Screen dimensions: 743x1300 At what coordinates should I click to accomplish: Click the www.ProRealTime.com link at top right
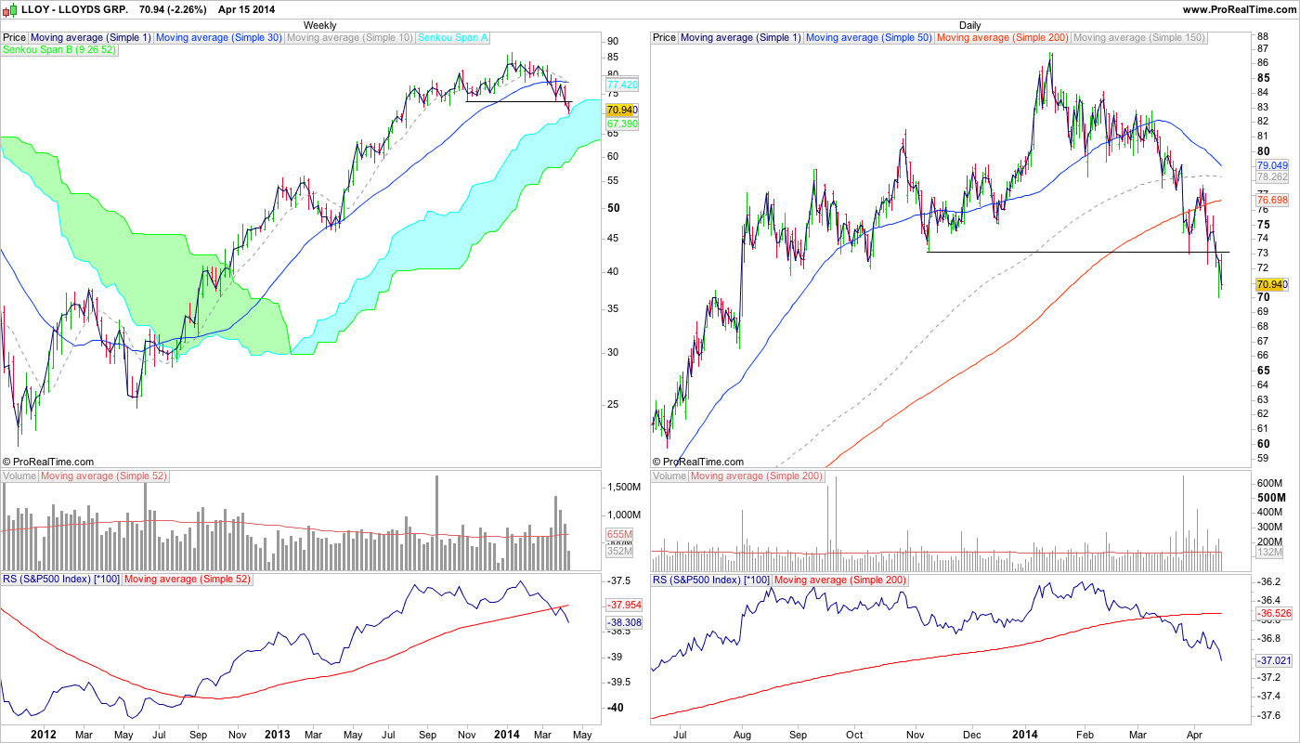pyautogui.click(x=1236, y=8)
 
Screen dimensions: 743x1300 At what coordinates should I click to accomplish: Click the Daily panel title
pyautogui.click(x=969, y=25)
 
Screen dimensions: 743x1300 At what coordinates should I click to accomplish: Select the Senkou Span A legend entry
pyautogui.click(x=454, y=38)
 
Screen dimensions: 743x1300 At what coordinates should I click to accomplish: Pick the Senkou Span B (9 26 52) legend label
pyautogui.click(x=59, y=49)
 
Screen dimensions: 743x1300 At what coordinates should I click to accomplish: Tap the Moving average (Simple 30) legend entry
pyautogui.click(x=219, y=38)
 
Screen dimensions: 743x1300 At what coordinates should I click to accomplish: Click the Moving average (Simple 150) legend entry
pyautogui.click(x=1138, y=38)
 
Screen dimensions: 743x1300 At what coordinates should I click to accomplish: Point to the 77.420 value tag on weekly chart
pyautogui.click(x=621, y=85)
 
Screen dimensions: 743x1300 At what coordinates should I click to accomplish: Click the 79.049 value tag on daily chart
pyautogui.click(x=1269, y=165)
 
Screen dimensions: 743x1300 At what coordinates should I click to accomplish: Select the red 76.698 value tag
pyautogui.click(x=1269, y=200)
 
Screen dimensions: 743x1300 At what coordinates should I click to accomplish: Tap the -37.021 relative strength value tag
pyautogui.click(x=1269, y=660)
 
